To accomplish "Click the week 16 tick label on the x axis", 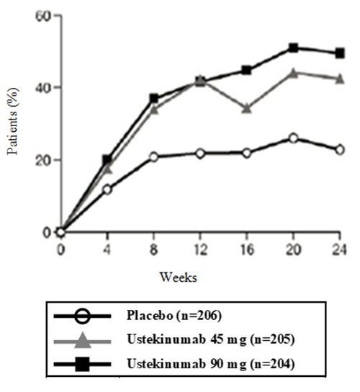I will point(246,249).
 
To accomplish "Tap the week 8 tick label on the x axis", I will point(153,249).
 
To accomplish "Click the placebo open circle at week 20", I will point(293,138).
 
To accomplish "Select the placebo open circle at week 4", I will point(107,190).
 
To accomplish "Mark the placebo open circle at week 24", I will point(339,149).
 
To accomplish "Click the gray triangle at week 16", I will point(246,108).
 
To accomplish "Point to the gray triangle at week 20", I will point(293,72).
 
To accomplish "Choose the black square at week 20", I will point(293,48).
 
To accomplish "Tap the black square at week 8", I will point(153,98).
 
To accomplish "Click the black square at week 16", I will point(246,70).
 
